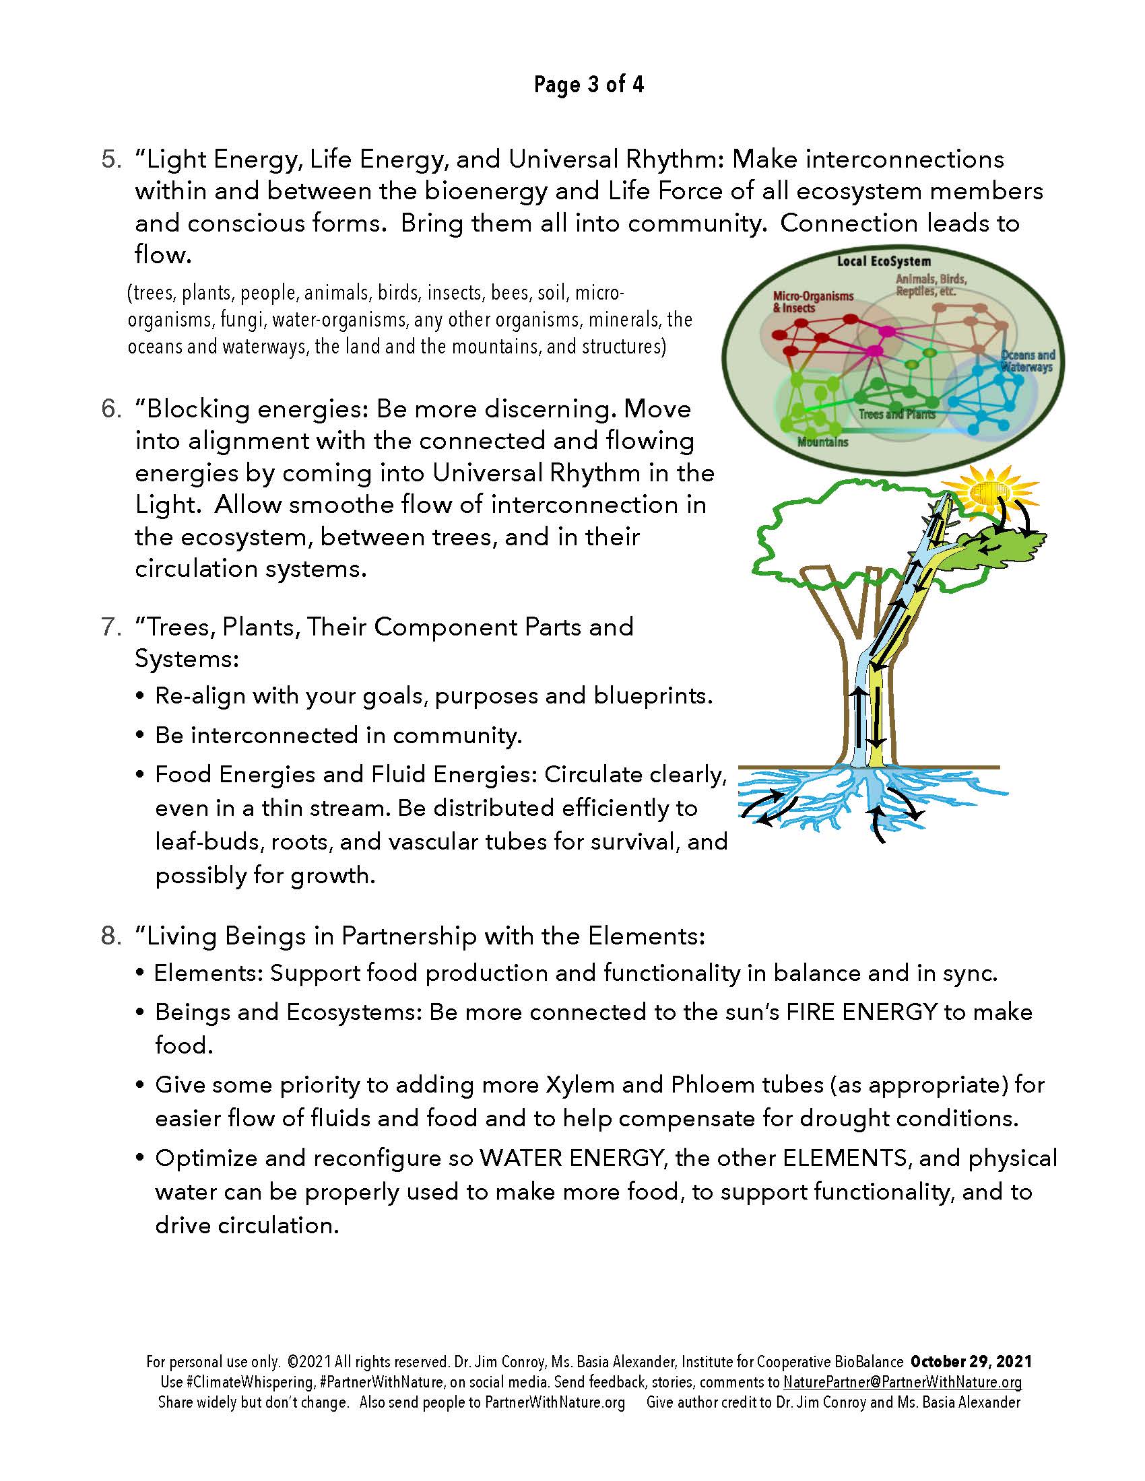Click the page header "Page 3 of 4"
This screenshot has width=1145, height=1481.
pos(588,85)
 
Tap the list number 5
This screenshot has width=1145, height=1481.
pos(111,160)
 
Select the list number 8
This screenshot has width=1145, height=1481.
pos(111,936)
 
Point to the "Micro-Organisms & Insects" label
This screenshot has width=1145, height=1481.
pos(814,302)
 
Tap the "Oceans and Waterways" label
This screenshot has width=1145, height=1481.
pos(1028,361)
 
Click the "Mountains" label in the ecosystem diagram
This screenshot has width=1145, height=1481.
pos(822,442)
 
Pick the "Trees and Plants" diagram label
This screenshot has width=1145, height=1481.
pos(896,414)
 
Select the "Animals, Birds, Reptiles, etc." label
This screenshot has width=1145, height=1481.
pos(931,285)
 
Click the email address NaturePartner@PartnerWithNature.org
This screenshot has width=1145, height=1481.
pos(902,1382)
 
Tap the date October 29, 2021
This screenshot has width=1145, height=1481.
pos(971,1362)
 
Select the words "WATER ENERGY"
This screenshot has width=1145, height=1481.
pos(570,1158)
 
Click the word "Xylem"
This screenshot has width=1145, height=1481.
pos(577,1085)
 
